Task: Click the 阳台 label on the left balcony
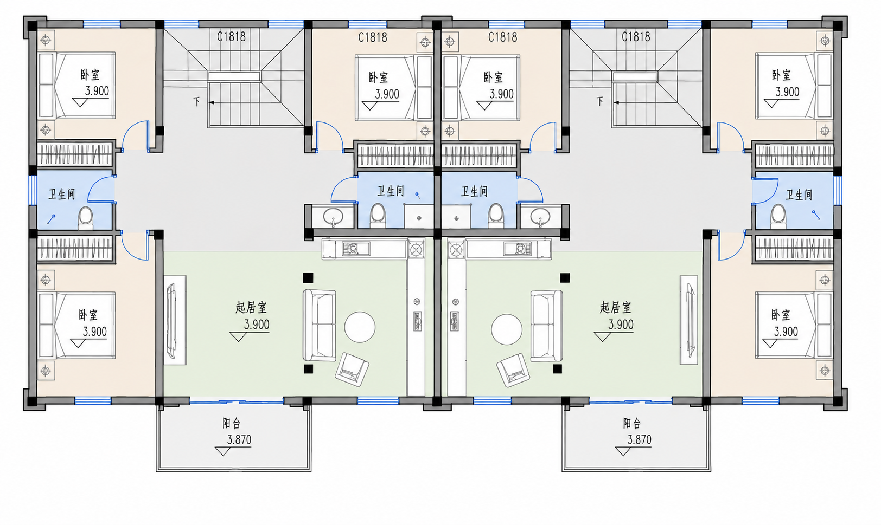point(231,423)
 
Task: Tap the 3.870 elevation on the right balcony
point(639,440)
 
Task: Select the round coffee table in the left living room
point(360,327)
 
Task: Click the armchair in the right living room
point(511,370)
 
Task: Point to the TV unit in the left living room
point(175,320)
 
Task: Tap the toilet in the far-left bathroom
point(85,218)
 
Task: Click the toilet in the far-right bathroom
point(778,217)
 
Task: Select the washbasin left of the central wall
point(333,216)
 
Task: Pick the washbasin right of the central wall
point(540,216)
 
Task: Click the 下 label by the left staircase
point(196,102)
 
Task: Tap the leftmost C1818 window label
point(231,37)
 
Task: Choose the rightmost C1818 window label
point(636,37)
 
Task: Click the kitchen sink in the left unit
point(356,249)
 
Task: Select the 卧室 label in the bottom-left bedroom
point(88,315)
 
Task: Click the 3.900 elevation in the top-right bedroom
point(787,92)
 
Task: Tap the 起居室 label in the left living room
point(251,307)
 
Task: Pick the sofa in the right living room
point(546,326)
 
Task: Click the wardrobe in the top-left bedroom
point(74,154)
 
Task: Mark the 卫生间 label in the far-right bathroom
point(799,195)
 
